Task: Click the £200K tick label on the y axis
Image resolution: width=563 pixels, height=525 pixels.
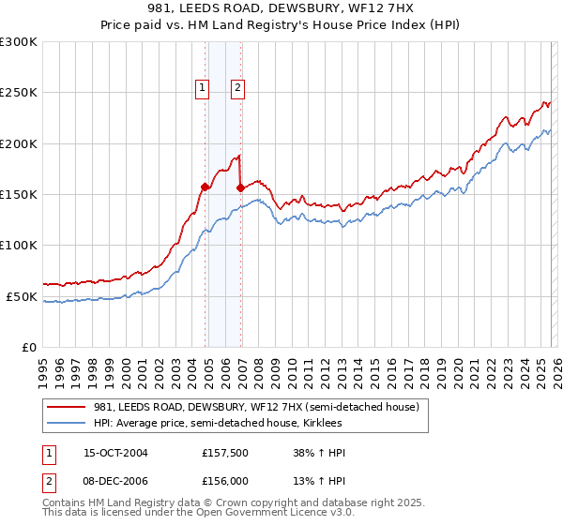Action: click(19, 143)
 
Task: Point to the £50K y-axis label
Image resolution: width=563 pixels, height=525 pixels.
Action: click(22, 296)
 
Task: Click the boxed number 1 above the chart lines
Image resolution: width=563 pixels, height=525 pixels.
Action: click(202, 88)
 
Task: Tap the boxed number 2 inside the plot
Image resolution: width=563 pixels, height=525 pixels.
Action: click(237, 88)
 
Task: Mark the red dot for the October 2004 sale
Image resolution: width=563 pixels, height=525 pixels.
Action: click(205, 187)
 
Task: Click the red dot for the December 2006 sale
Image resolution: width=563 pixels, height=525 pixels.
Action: click(240, 187)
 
